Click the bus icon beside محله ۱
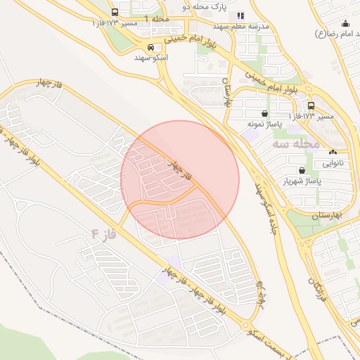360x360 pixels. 115,13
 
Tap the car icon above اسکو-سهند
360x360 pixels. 149,48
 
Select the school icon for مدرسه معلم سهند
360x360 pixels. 240,15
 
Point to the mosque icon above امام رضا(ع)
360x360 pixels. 345,22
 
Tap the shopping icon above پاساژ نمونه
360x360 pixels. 264,113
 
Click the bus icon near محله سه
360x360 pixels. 311,106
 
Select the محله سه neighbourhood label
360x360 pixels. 299,144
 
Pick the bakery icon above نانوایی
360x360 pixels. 333,152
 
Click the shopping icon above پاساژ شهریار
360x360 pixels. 302,170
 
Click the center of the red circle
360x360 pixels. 180,180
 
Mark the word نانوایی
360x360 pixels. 334,163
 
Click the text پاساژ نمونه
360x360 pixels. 264,124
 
